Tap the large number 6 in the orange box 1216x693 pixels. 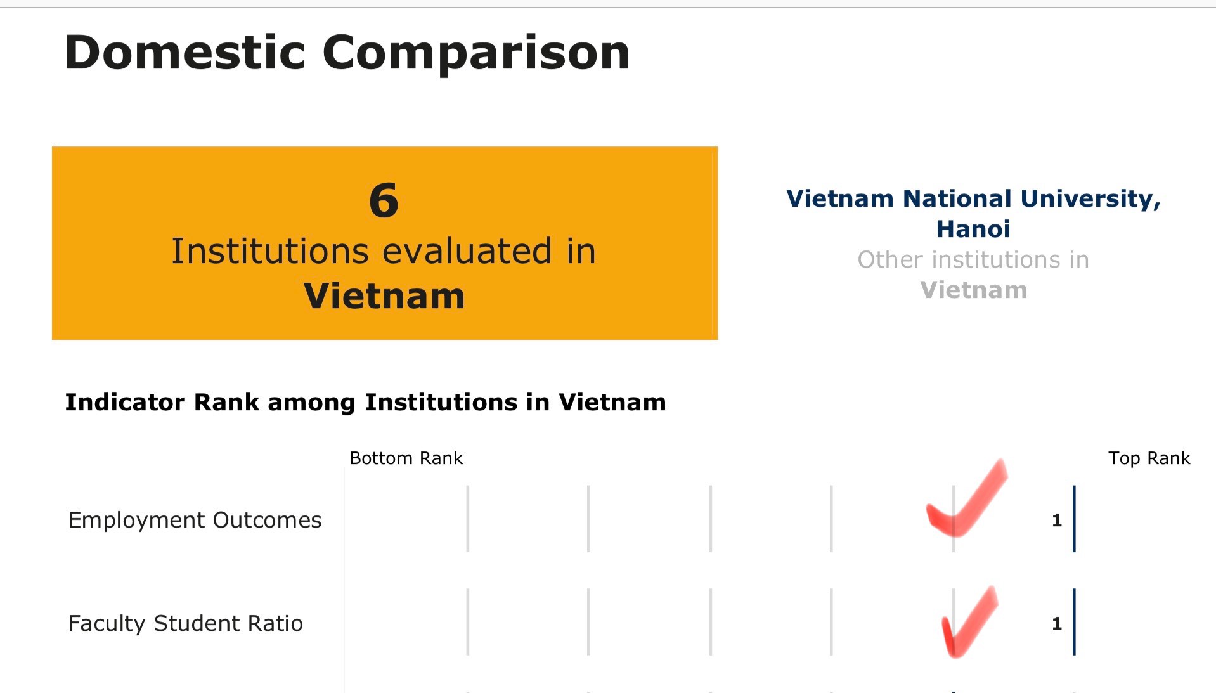pos(384,200)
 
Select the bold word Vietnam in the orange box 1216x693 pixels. pos(384,296)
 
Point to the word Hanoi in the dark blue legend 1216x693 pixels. pos(973,229)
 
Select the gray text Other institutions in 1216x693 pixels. pos(973,259)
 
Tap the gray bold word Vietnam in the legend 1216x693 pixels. pos(974,290)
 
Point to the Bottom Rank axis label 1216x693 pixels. pos(406,458)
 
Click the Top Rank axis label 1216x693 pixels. pos(1149,458)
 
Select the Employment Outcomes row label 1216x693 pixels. pos(195,520)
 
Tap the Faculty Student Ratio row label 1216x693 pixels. pos(186,623)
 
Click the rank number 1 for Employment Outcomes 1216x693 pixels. pos(1057,521)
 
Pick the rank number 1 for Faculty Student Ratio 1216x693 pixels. pos(1057,624)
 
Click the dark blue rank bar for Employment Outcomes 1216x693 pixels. pos(1074,519)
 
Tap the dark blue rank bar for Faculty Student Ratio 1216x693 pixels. pos(1074,622)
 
